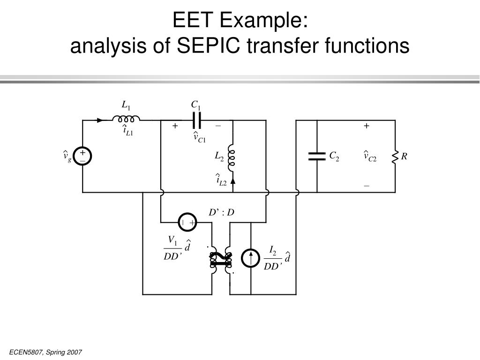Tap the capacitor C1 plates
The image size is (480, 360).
click(x=197, y=120)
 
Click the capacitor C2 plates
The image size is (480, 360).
click(x=317, y=156)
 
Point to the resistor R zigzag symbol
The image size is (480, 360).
click(x=395, y=157)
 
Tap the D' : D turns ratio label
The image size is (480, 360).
click(x=221, y=213)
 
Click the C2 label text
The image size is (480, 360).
click(x=334, y=156)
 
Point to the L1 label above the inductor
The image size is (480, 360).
click(x=126, y=105)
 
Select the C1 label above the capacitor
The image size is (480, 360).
click(x=195, y=105)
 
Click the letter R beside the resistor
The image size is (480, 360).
click(x=404, y=156)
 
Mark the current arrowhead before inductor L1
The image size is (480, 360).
click(x=100, y=120)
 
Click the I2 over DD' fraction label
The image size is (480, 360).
click(x=272, y=259)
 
